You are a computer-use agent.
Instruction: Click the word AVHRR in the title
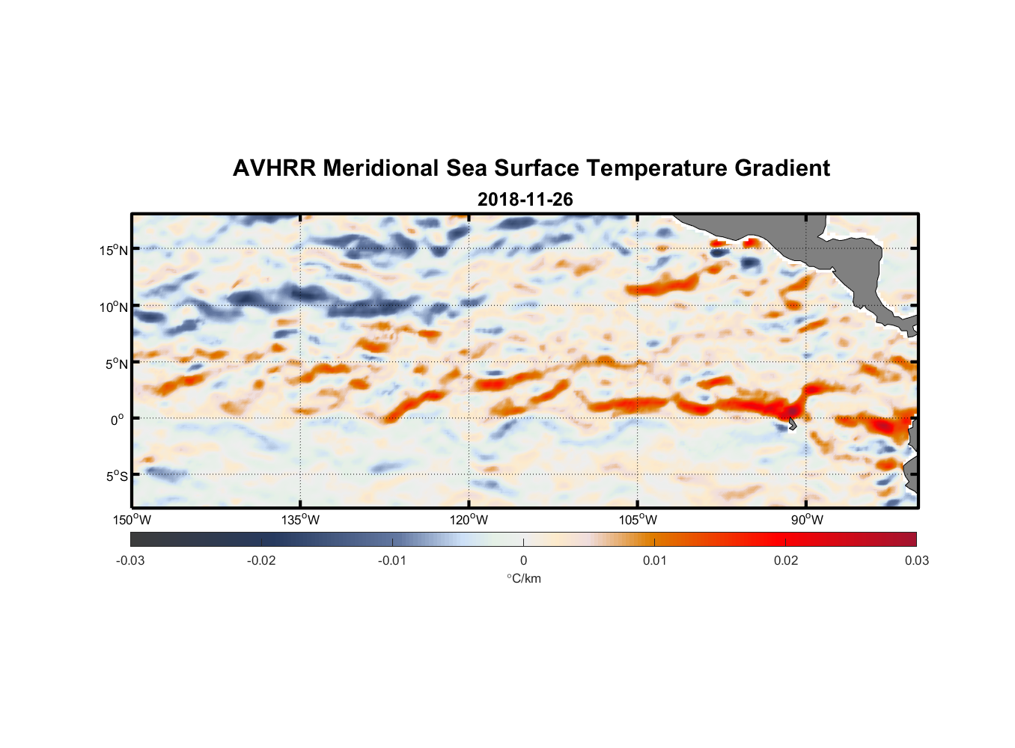coord(274,168)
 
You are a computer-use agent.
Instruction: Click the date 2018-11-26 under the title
coord(525,200)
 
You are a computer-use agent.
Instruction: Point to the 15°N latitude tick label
coord(114,250)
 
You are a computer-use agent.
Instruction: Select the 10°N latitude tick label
coord(114,307)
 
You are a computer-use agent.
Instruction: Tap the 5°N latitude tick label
coord(117,364)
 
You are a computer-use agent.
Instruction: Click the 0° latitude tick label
coord(118,420)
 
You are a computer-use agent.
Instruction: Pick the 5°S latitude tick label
coord(117,476)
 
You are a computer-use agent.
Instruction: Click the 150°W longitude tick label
coord(132,520)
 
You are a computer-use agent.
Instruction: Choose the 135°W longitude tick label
coord(300,520)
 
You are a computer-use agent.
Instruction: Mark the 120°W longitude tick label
coord(469,520)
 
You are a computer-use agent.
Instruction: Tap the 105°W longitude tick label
coord(638,520)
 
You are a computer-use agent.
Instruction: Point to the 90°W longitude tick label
coord(807,520)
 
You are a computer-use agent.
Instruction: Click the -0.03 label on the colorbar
coord(130,560)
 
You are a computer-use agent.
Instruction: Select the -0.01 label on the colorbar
coord(391,560)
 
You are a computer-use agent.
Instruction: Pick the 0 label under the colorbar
coord(523,560)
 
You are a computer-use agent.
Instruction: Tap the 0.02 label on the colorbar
coord(786,560)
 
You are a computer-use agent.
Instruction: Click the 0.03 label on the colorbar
coord(916,560)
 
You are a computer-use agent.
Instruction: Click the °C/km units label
coord(523,578)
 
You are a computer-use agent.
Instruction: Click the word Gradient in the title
coord(782,168)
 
